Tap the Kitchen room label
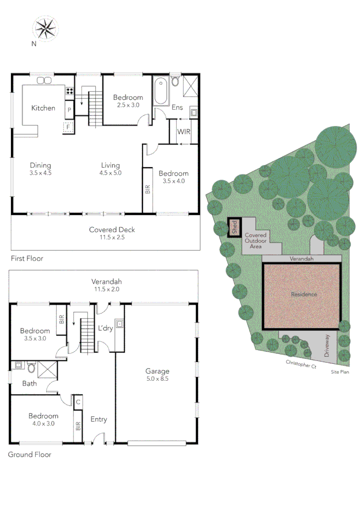pyautogui.click(x=43, y=108)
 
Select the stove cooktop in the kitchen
pyautogui.click(x=70, y=91)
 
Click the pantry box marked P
pyautogui.click(x=69, y=109)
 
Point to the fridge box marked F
pyautogui.click(x=69, y=127)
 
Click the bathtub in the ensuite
pyautogui.click(x=160, y=91)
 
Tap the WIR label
pyautogui.click(x=184, y=131)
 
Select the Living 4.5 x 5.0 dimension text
pyautogui.click(x=110, y=172)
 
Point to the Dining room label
pyautogui.click(x=40, y=165)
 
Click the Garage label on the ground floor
pyautogui.click(x=157, y=371)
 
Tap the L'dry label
pyautogui.click(x=105, y=328)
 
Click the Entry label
pyautogui.click(x=98, y=419)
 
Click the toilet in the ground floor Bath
pyautogui.click(x=31, y=367)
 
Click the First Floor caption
pyautogui.click(x=27, y=258)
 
